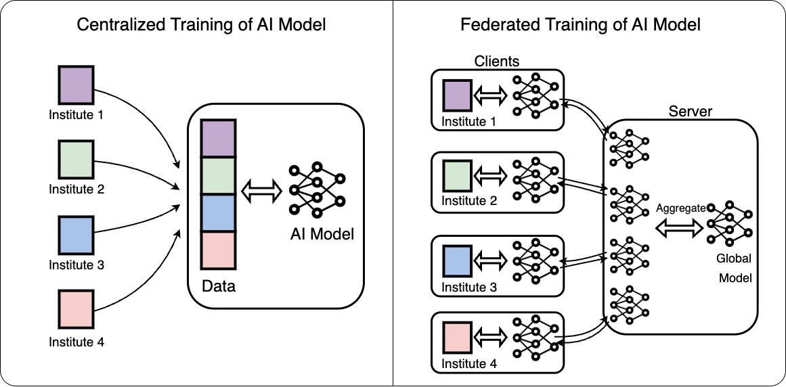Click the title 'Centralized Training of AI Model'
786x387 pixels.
pos(201,26)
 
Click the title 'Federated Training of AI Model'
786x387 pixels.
pos(580,26)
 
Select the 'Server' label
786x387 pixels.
pos(690,112)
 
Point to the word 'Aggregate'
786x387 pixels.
pos(680,208)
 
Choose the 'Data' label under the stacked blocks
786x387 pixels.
pos(219,286)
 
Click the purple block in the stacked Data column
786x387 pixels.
pos(218,139)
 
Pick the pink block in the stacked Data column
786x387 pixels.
pos(218,250)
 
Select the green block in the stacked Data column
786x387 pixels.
pos(218,176)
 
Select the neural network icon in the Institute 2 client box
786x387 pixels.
pos(536,177)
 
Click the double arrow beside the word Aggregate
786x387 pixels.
pos(680,229)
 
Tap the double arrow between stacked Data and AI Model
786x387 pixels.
pos(261,189)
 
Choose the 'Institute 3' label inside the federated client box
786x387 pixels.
pos(469,288)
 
